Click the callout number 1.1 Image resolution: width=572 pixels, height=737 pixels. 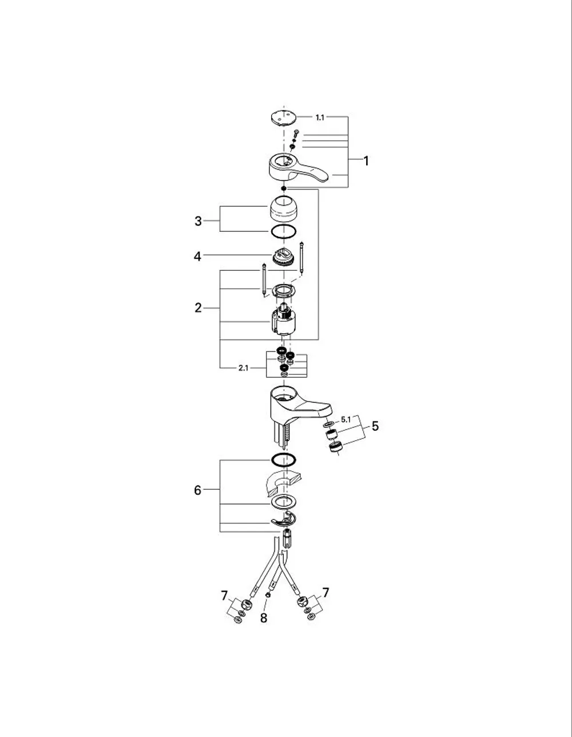click(x=320, y=117)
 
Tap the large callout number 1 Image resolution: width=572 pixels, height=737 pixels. click(x=366, y=161)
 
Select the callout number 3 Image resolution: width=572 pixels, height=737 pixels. click(x=198, y=221)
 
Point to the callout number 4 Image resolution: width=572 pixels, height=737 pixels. click(x=197, y=257)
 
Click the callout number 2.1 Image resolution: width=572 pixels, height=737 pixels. click(x=243, y=368)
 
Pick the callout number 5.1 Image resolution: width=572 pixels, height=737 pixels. click(x=345, y=420)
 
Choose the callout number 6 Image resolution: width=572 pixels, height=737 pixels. click(x=197, y=490)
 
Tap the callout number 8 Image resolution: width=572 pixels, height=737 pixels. click(x=264, y=618)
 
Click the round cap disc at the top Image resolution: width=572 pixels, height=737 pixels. click(x=284, y=117)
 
